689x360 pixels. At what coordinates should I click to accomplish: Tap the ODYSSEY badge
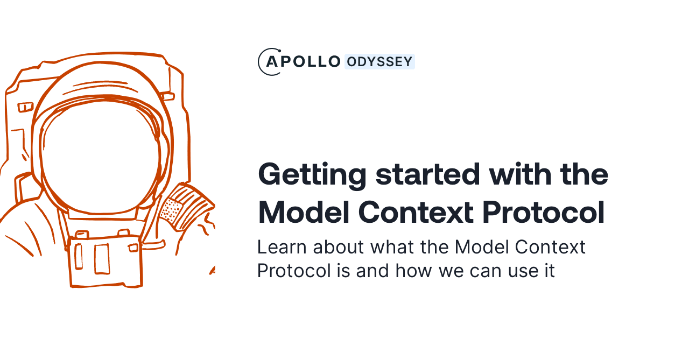pyautogui.click(x=379, y=62)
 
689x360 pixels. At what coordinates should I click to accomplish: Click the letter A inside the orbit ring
pyautogui.click(x=272, y=62)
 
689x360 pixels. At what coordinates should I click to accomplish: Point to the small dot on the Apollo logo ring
pyautogui.click(x=279, y=51)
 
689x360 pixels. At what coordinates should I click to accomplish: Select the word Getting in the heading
pyautogui.click(x=313, y=175)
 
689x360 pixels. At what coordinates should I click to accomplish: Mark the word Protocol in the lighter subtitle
pyautogui.click(x=294, y=270)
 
